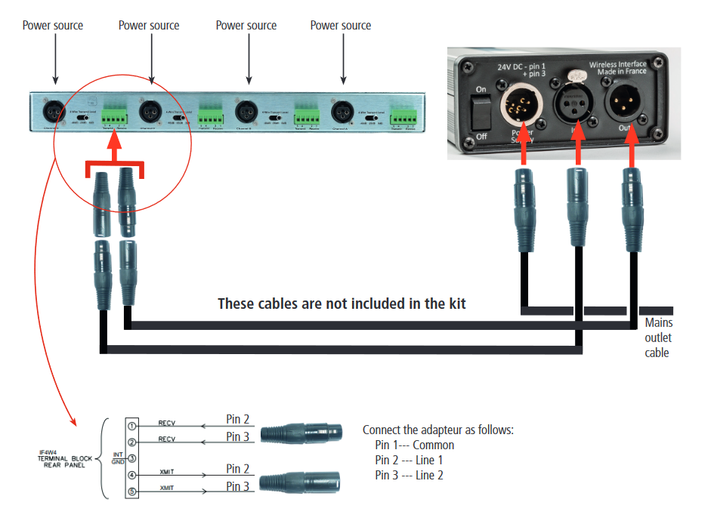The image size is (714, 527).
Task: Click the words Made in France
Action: pyautogui.click(x=623, y=73)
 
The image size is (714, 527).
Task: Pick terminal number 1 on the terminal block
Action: pyautogui.click(x=131, y=427)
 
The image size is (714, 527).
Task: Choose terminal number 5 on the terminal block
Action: pyautogui.click(x=131, y=492)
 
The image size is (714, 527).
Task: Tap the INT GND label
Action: pyautogui.click(x=118, y=458)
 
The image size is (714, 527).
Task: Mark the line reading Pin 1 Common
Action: pyautogui.click(x=414, y=445)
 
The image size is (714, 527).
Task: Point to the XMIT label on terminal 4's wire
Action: pyautogui.click(x=167, y=472)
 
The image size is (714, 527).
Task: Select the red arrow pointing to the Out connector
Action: pyautogui.click(x=631, y=149)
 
